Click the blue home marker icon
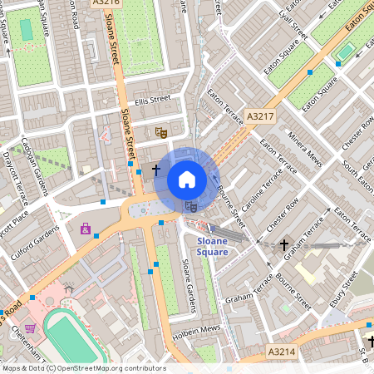pos(187,180)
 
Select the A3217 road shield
pos(260,117)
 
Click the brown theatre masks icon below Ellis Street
pos(161,131)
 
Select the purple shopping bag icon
pos(85,228)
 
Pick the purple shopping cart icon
pos(31,329)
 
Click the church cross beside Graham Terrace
pos(284,245)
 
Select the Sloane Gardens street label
pos(188,287)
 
